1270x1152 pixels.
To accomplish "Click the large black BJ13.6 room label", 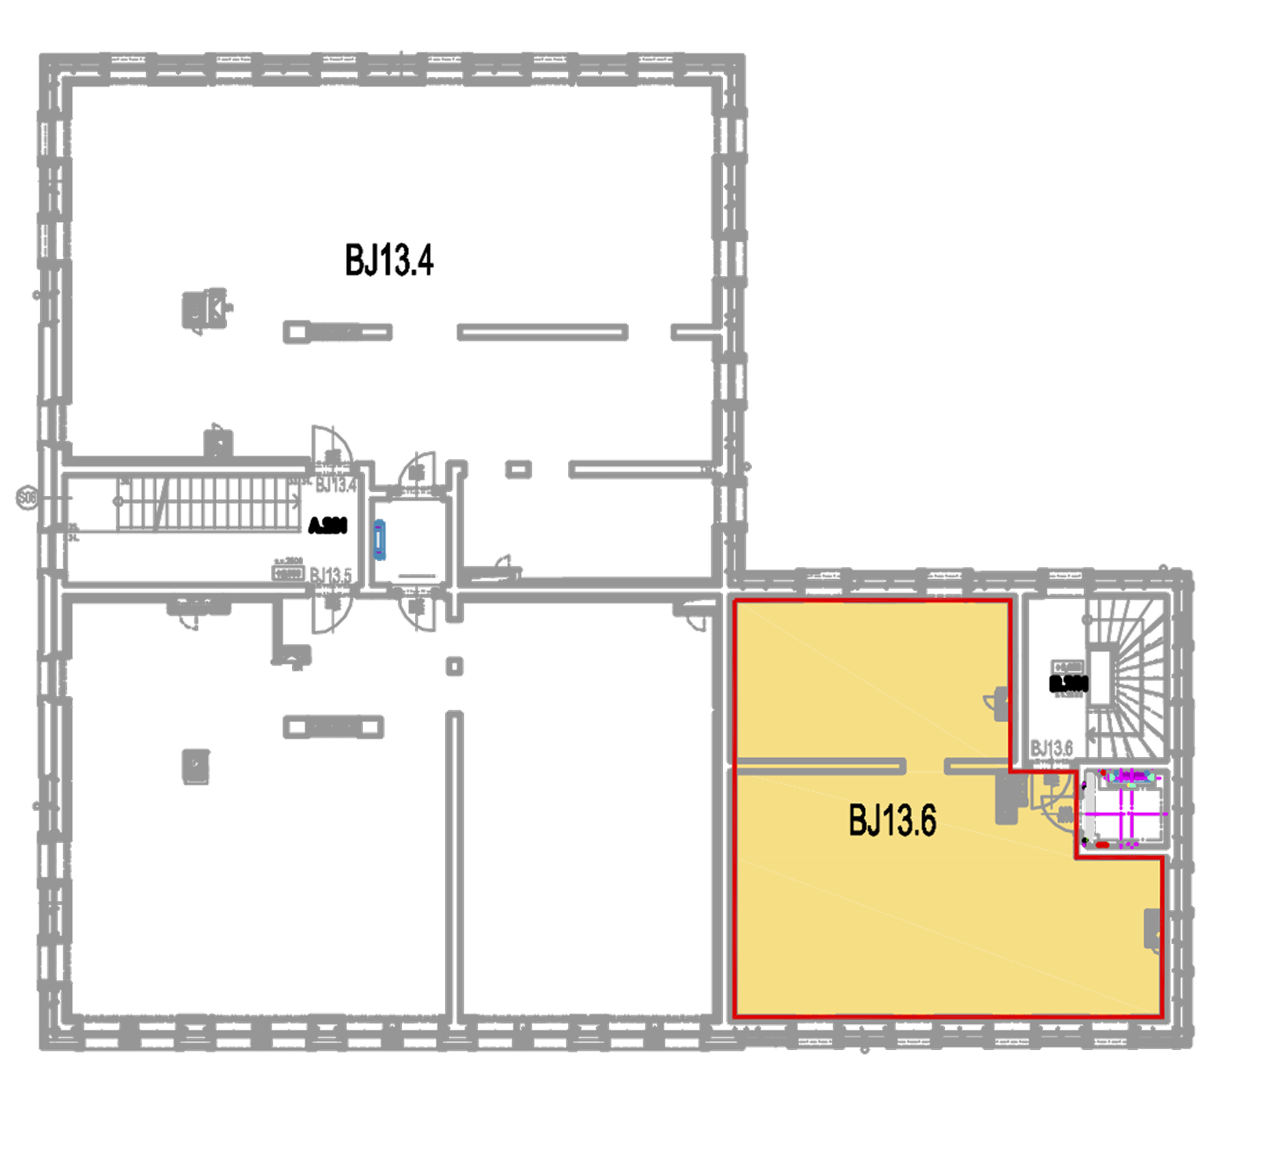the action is (892, 821).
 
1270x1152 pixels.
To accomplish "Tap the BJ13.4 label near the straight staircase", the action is (335, 485).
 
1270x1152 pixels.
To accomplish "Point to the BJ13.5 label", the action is (330, 574).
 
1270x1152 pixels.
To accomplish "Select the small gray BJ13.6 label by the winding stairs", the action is (1052, 747).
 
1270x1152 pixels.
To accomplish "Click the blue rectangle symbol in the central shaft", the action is (380, 540).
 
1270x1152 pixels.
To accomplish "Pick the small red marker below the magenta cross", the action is (1102, 844).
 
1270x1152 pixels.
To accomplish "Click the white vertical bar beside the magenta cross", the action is (1090, 806).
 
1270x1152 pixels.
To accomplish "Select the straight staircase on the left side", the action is (208, 503).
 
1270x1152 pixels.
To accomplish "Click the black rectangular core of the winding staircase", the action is (1100, 677).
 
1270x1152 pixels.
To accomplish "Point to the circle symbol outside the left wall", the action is (27, 498).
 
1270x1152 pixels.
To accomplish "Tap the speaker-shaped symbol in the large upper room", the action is (205, 308).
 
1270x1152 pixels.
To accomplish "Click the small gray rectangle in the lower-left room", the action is (196, 767).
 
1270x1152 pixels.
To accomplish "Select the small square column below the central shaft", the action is (454, 666).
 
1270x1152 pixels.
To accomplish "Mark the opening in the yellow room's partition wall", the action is (925, 766).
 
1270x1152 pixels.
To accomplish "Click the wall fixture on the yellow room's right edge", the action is (1153, 930).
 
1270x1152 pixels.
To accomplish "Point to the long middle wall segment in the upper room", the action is (542, 332).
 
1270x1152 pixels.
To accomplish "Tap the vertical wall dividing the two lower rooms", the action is (455, 863).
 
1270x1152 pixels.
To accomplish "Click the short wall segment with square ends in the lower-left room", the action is (334, 727).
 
